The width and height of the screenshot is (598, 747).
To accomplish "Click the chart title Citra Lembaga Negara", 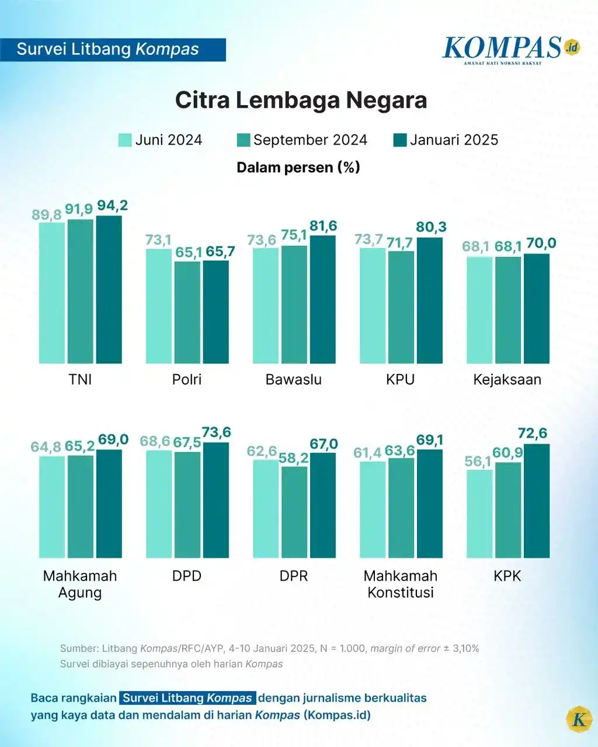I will [301, 100].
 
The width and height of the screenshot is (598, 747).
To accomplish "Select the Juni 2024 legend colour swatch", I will [125, 140].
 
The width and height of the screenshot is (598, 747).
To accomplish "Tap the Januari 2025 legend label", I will [454, 140].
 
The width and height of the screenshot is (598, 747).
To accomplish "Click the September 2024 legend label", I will [310, 140].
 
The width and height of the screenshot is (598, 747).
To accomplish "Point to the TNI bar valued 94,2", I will [109, 289].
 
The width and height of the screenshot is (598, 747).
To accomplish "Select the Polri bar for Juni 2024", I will [158, 306].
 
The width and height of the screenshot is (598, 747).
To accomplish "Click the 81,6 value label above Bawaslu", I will [323, 226].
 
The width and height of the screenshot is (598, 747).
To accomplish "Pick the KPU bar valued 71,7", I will [401, 308].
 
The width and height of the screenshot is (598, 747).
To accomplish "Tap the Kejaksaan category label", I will [507, 379].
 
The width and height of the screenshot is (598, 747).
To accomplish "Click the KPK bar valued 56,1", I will [479, 514].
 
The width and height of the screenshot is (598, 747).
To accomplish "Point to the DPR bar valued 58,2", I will [294, 512].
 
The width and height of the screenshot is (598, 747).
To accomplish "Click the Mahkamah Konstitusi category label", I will [401, 584].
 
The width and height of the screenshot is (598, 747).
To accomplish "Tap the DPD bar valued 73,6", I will [216, 500].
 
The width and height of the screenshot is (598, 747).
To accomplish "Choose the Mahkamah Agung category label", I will [80, 584].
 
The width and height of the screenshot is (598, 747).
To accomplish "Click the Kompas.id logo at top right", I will [511, 50].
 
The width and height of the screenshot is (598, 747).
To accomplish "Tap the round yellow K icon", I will [579, 719].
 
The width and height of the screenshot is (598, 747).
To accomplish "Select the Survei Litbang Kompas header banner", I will [112, 50].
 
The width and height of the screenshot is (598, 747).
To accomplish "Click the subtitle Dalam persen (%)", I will [298, 167].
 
